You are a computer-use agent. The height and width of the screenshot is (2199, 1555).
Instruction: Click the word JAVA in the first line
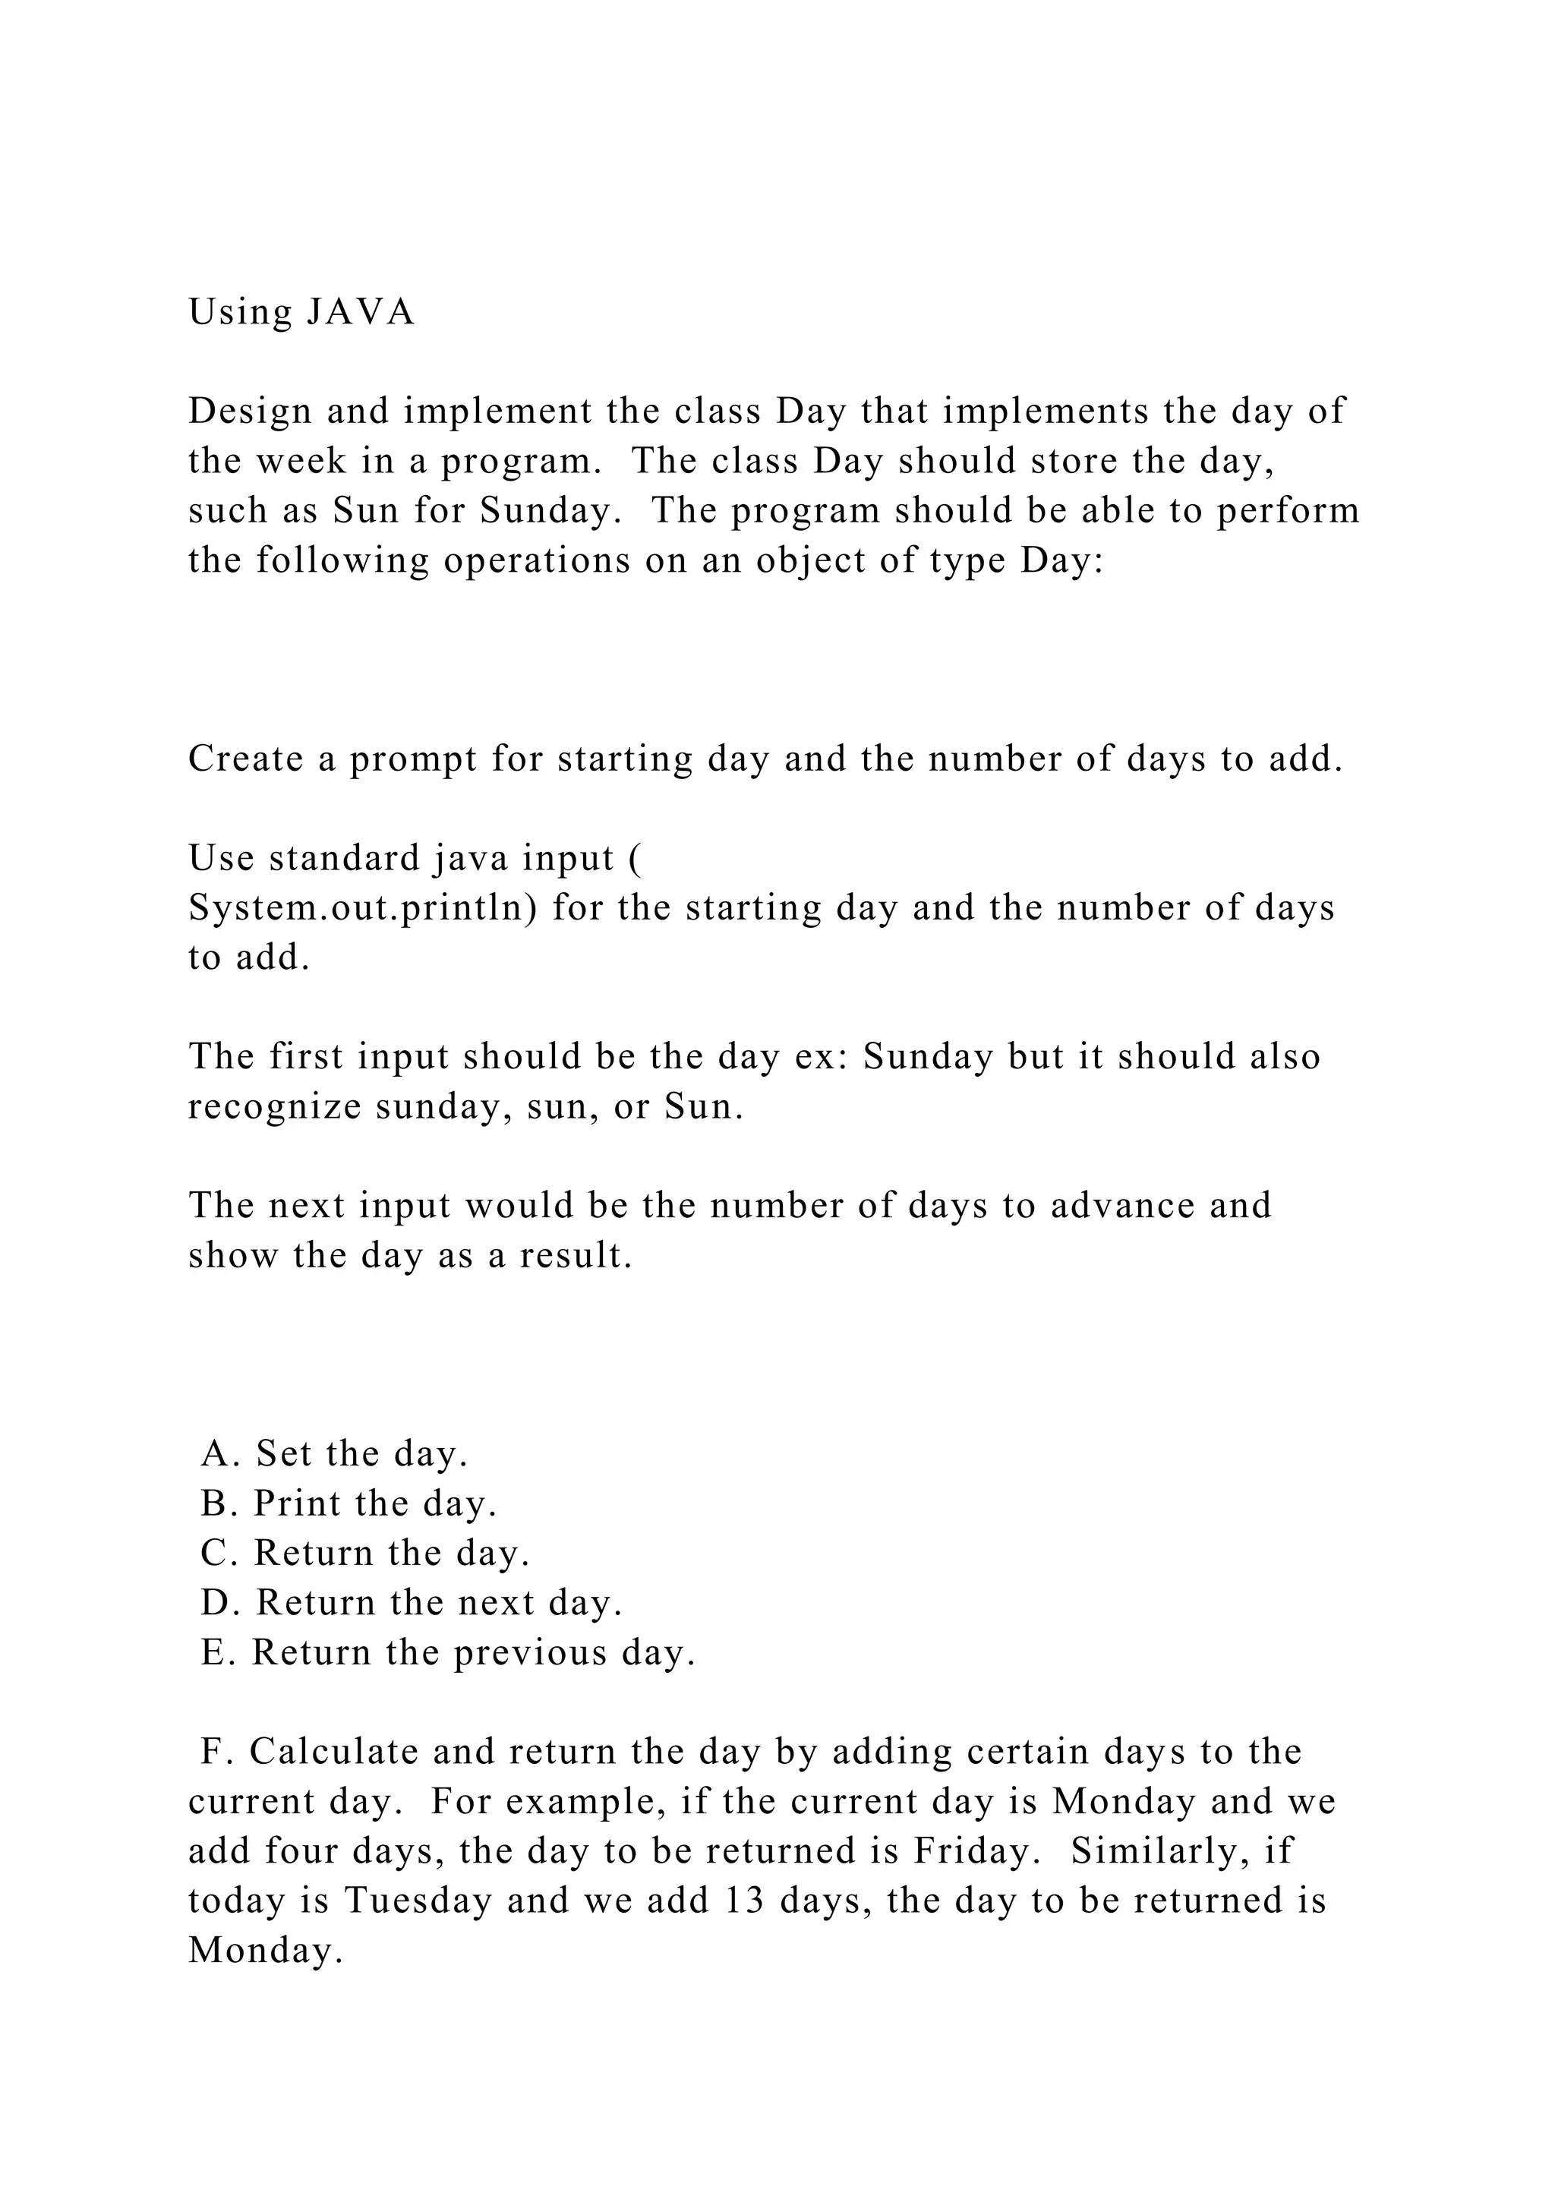click(x=360, y=312)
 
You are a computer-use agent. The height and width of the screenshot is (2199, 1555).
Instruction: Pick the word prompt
click(x=413, y=760)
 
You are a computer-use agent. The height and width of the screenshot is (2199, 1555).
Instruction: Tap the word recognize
click(x=274, y=1107)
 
